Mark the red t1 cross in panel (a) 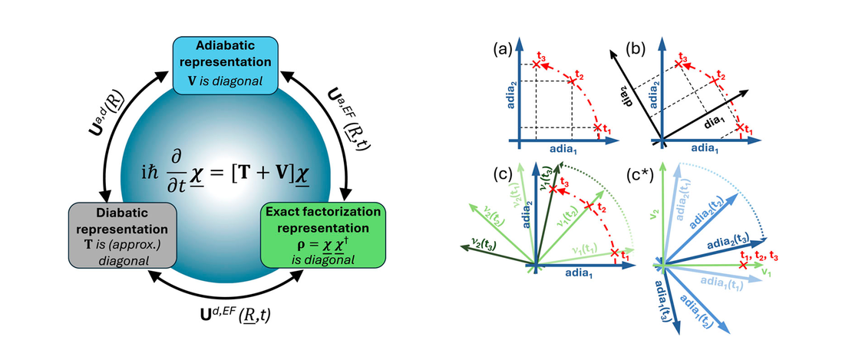coord(598,128)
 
